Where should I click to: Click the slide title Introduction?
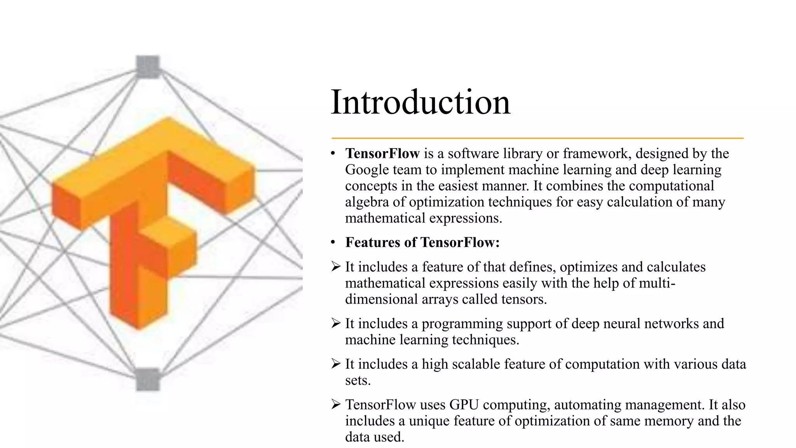click(420, 102)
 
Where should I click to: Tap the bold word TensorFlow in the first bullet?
click(382, 154)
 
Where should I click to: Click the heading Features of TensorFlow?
click(422, 242)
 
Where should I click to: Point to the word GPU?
click(464, 405)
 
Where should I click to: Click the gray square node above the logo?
click(148, 66)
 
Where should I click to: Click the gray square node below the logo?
click(148, 379)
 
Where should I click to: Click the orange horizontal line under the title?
click(537, 138)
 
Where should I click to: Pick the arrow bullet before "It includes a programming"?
click(336, 323)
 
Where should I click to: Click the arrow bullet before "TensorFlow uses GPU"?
click(336, 404)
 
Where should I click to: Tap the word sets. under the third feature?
click(358, 380)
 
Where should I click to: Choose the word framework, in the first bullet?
click(597, 154)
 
